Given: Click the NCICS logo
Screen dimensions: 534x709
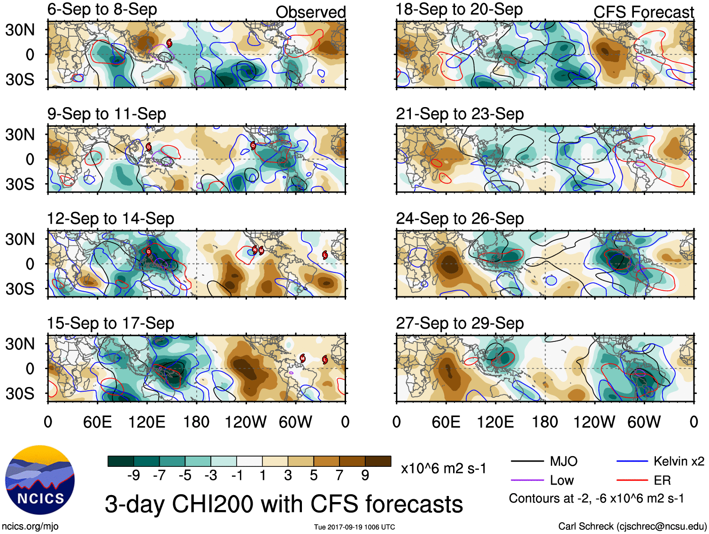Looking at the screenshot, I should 40,480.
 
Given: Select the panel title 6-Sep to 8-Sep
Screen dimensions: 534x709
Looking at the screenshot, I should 102,9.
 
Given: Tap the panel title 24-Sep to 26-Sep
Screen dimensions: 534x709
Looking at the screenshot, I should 459,219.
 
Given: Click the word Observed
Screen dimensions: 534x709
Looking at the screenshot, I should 310,12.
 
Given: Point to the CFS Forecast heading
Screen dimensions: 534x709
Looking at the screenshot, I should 643,12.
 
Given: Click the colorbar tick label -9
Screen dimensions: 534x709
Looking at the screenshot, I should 133,476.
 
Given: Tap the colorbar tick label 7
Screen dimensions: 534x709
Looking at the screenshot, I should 339,476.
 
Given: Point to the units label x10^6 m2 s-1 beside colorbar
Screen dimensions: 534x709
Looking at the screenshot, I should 443,468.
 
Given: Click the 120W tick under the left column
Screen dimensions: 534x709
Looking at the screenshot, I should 246,422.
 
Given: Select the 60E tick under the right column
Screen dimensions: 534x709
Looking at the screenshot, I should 446,422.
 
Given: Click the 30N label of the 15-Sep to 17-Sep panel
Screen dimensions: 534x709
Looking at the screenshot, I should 20,344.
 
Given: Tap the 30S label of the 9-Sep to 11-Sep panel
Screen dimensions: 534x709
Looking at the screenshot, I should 20,184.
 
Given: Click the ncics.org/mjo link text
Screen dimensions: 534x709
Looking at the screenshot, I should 30,526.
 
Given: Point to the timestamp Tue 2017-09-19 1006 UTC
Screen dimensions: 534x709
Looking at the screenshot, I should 354,527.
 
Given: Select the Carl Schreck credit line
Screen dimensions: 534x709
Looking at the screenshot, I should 632,526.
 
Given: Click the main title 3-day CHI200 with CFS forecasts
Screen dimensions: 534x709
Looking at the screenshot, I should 284,504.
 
